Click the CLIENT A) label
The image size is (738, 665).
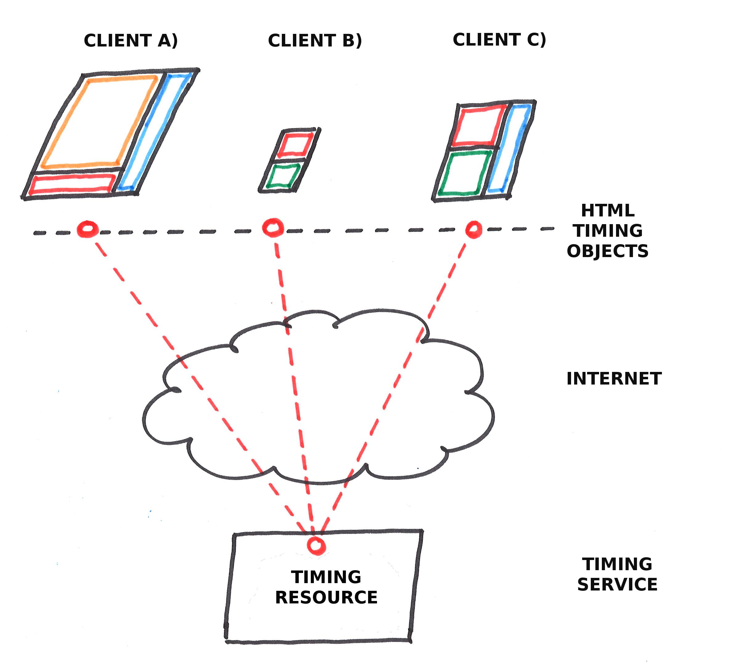point(131,40)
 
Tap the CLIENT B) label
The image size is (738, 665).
point(315,40)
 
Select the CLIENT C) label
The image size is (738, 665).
point(499,39)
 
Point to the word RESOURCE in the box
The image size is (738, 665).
point(326,597)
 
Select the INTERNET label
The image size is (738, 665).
point(614,379)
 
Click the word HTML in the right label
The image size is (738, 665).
point(607,211)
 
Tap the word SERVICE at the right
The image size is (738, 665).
point(617,584)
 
